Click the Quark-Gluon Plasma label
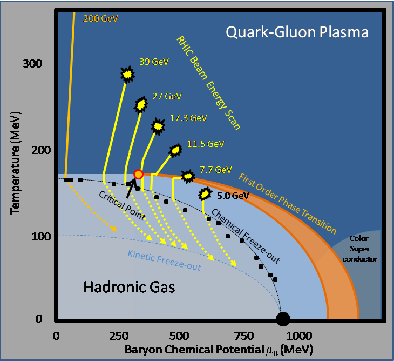click(x=297, y=32)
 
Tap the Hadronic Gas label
click(x=129, y=288)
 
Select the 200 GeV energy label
click(x=100, y=18)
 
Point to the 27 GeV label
click(x=166, y=96)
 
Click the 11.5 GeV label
click(x=206, y=144)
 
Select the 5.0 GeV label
click(x=232, y=196)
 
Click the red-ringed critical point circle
click(x=138, y=174)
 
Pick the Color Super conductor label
click(x=363, y=248)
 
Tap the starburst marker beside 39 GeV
click(x=127, y=74)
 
